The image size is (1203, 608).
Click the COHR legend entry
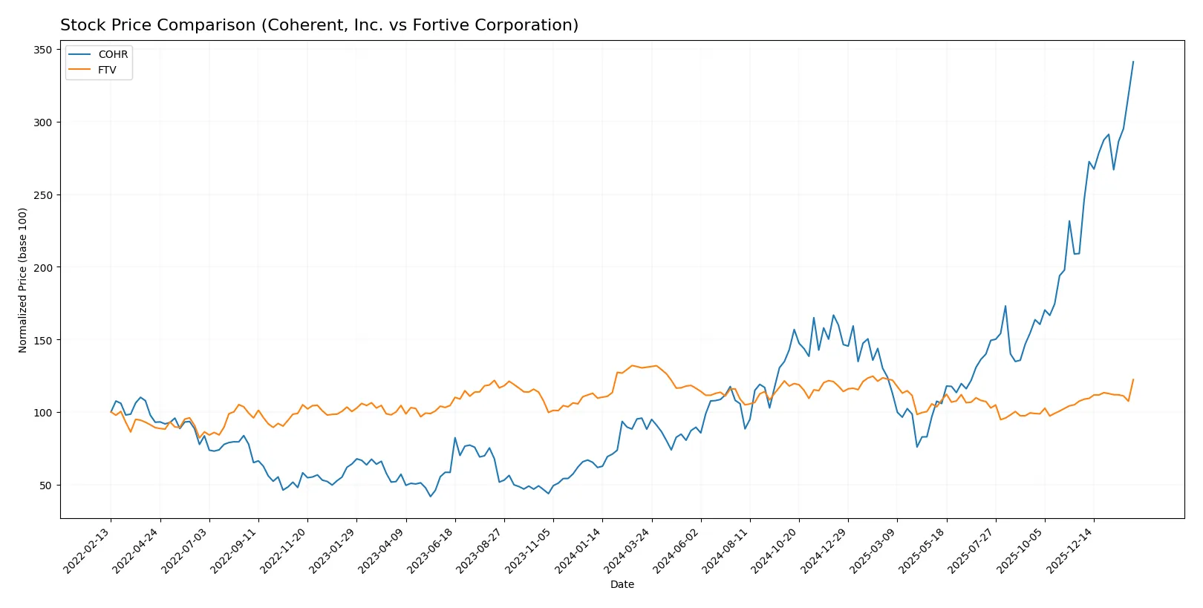pos(112,54)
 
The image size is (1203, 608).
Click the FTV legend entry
pos(107,70)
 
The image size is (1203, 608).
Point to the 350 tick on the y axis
pos(43,50)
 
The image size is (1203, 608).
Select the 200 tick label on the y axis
pos(43,267)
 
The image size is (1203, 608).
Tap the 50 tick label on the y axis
pos(46,486)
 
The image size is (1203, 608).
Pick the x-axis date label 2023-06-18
pos(432,550)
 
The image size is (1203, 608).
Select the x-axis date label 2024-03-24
pos(629,550)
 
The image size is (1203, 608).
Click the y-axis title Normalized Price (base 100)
pos(23,280)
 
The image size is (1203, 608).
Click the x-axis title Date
pos(622,584)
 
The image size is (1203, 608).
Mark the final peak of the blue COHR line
pos(1133,62)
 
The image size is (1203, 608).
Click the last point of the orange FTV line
pos(1133,379)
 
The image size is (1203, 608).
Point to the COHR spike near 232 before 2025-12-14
pos(1069,220)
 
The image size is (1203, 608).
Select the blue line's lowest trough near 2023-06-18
pos(430,496)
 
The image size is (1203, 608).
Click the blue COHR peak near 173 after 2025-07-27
pos(1005,306)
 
